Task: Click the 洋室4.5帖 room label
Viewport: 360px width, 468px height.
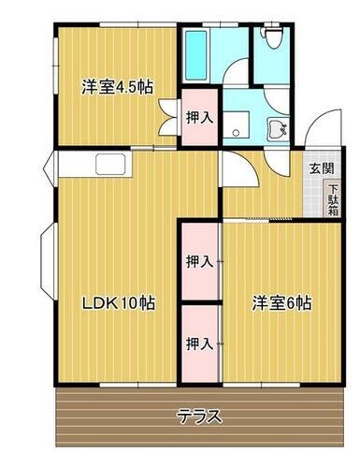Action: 117,87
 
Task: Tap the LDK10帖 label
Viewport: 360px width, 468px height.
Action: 118,303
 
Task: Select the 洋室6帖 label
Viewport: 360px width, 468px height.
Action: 281,303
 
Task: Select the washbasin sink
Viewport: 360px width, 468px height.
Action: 276,128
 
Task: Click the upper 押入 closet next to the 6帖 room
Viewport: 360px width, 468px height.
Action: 198,261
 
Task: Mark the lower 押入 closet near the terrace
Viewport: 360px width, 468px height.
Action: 198,343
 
